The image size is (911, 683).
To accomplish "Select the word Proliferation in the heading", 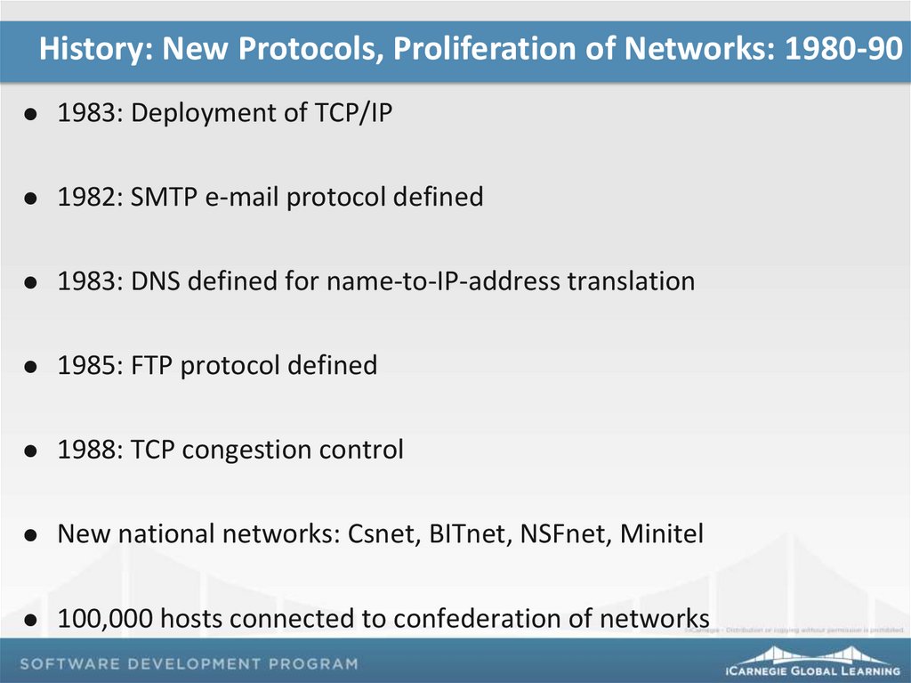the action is pos(486,51).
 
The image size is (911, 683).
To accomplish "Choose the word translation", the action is pos(632,281).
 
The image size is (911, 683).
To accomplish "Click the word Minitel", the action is pos(661,534).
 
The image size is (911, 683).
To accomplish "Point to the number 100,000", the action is pos(109,618).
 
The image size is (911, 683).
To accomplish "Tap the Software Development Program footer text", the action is pos(189,663).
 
